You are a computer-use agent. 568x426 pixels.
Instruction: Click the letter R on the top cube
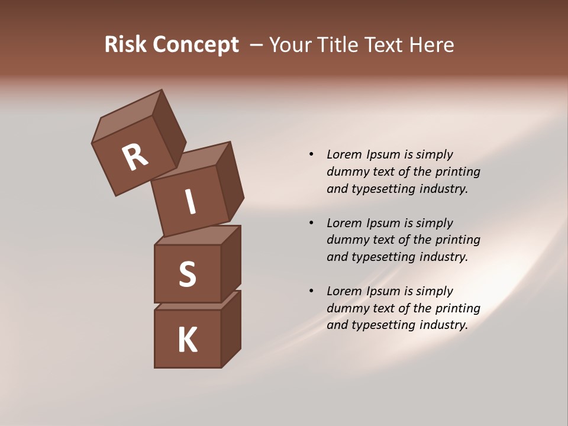click(135, 157)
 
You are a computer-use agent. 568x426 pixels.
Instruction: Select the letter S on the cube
click(187, 274)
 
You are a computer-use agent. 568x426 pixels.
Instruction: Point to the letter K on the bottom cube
click(187, 340)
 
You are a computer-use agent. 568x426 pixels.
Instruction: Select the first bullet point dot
click(311, 154)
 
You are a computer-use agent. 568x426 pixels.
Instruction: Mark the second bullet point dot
click(311, 223)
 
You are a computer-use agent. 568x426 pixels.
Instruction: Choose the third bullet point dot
click(311, 291)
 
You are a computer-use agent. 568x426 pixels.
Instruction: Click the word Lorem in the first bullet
click(343, 154)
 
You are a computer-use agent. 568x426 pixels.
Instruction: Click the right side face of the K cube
click(231, 328)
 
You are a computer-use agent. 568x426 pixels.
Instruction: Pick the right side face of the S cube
click(231, 263)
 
